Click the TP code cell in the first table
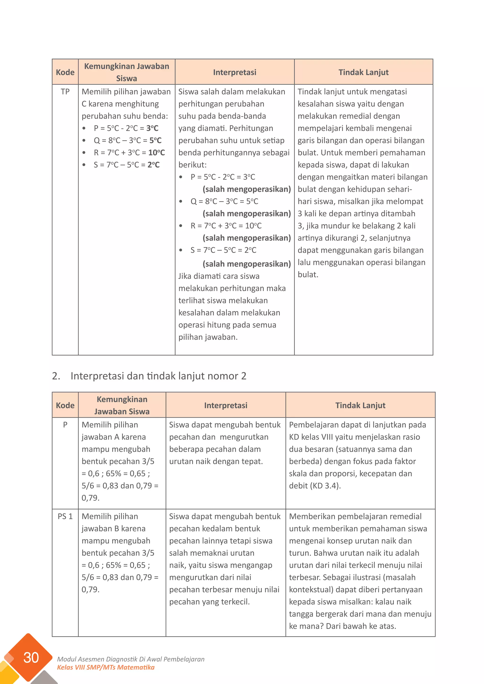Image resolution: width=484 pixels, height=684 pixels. (65, 92)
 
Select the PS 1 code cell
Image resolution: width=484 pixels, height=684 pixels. (65, 516)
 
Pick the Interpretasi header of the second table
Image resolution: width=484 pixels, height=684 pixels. (226, 406)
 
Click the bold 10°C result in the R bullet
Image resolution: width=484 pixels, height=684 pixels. (156, 153)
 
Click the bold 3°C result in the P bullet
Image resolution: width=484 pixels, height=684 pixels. (152, 128)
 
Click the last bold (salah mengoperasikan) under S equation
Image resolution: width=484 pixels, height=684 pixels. (246, 264)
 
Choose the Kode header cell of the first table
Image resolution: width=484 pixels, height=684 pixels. (65, 73)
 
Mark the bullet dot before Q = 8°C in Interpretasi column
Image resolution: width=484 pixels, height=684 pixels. (181, 202)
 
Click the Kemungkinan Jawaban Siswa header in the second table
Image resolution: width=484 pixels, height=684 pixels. (122, 406)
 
